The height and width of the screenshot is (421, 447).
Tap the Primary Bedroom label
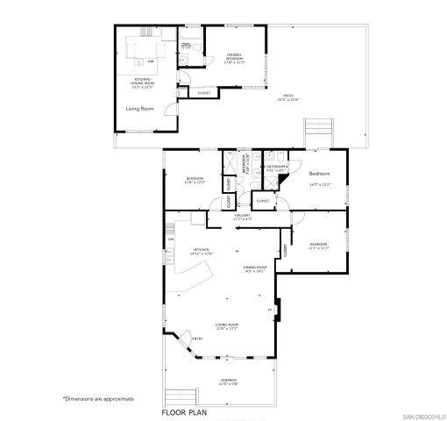point(235,59)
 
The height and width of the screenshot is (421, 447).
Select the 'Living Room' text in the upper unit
point(139,109)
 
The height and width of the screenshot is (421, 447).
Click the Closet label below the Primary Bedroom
point(203,92)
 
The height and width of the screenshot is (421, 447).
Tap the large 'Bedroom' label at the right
point(319,175)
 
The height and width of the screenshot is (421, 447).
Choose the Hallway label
point(242,217)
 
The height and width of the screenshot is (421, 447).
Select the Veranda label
point(230,382)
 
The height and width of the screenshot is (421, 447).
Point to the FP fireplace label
point(270,310)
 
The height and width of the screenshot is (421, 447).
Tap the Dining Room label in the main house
point(254,269)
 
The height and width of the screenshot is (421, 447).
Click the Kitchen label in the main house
point(203,251)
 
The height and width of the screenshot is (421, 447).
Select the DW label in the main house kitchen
point(171,239)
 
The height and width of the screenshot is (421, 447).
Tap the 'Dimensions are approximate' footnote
point(98,398)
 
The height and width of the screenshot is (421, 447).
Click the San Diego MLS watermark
point(423,414)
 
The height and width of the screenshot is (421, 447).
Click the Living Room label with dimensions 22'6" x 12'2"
point(228,326)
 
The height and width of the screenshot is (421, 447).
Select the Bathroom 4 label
point(276,167)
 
